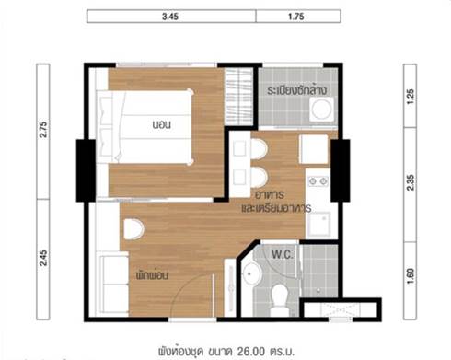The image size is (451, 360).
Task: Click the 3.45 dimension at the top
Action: coord(170,17)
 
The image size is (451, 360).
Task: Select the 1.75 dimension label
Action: coord(296,17)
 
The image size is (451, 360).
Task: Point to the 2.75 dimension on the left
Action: coord(43,130)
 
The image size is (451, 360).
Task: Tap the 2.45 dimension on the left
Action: coord(43,258)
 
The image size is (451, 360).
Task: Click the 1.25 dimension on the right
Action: coord(411,97)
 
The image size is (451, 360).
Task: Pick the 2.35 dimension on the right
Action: coord(411,182)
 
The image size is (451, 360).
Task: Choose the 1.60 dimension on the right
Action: coord(411,276)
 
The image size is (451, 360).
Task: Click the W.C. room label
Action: coord(283,254)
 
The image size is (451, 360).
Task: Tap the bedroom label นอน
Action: coord(162,124)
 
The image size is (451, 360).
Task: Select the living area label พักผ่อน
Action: coord(152,275)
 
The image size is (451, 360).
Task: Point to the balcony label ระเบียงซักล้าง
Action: coord(296,90)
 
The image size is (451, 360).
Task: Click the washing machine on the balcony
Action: coord(322,110)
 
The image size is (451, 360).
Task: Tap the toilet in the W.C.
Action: coord(280,300)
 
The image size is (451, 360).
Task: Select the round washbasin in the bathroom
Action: coord(251,273)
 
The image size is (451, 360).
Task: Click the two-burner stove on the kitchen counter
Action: coord(318,181)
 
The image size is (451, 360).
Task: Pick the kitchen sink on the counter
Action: coord(319,224)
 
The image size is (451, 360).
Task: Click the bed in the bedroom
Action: coord(145,126)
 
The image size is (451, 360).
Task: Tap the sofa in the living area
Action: coord(115,284)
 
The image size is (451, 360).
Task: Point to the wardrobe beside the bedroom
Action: coord(238,97)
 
